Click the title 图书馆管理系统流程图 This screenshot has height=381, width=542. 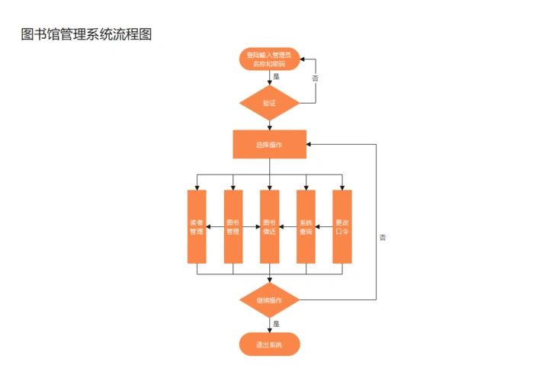[x=87, y=35]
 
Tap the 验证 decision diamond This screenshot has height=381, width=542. [x=269, y=103]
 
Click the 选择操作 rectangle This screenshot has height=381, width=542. [x=269, y=144]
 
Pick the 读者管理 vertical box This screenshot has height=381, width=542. [x=197, y=227]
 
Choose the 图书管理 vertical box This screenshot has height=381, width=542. [x=233, y=227]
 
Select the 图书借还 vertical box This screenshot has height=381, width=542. [x=269, y=227]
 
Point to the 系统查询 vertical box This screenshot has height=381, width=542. [x=306, y=227]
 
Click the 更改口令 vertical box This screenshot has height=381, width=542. [x=342, y=227]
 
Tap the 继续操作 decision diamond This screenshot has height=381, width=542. [x=269, y=300]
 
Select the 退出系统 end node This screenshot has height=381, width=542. [x=269, y=344]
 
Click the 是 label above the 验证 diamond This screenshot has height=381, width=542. [x=276, y=77]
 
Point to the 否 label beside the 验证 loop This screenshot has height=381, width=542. [x=315, y=78]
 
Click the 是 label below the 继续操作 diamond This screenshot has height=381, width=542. [x=276, y=323]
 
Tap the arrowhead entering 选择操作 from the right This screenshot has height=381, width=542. [x=310, y=144]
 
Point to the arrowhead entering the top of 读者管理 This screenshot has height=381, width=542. [x=197, y=187]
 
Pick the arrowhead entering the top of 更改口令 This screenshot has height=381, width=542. [x=342, y=187]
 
